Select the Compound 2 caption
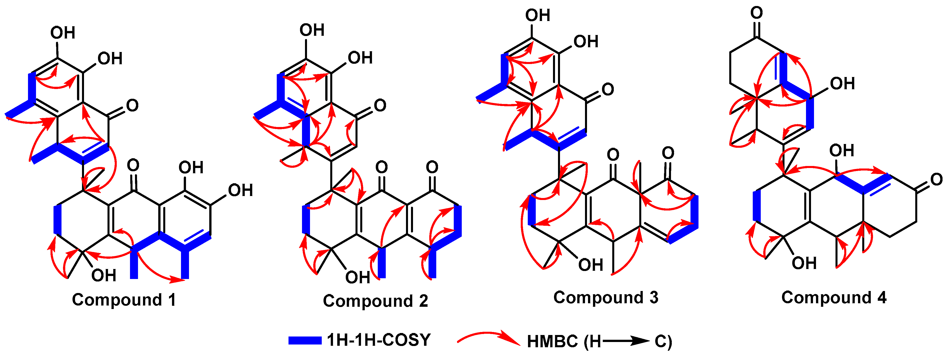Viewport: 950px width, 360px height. tap(375, 301)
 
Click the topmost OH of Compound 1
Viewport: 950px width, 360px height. tap(63, 33)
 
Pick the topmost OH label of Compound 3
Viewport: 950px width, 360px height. tap(538, 15)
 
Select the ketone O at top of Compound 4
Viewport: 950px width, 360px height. tap(756, 13)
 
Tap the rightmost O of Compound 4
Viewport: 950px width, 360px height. tap(936, 180)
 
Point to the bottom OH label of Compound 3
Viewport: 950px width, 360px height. tap(590, 265)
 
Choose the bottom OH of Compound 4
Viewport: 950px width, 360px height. tap(804, 263)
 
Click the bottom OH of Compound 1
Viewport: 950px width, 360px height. tap(104, 275)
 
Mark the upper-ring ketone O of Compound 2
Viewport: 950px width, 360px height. tap(380, 105)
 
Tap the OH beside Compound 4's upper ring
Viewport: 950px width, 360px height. tap(842, 84)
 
